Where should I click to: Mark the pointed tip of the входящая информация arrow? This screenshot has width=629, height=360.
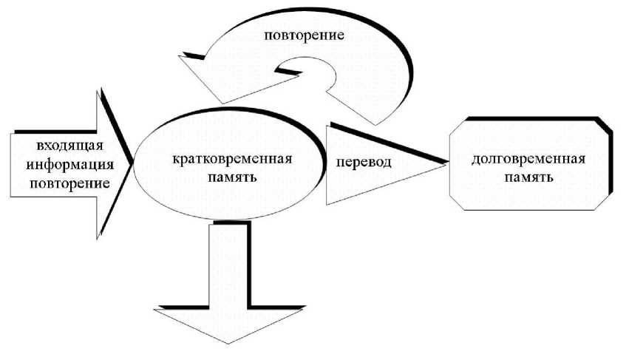pyautogui.click(x=133, y=162)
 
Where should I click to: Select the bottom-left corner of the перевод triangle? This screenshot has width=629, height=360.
pyautogui.click(x=327, y=204)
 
